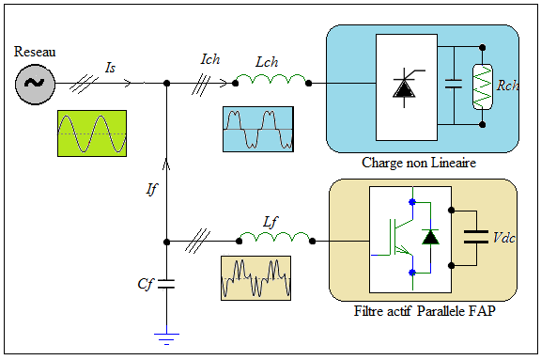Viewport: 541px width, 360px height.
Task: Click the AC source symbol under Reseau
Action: coord(35,84)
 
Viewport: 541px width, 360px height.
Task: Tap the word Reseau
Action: coord(35,52)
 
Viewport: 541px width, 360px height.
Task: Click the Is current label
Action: coord(110,68)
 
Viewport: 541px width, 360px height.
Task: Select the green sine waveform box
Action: coord(92,133)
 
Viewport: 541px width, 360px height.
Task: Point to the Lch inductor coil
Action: coord(271,79)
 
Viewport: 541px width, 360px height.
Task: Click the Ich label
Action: coord(210,59)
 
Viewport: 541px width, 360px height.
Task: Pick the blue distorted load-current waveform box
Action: coord(258,129)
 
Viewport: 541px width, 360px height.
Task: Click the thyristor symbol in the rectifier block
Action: coord(405,87)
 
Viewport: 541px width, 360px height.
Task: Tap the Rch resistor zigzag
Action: coord(483,87)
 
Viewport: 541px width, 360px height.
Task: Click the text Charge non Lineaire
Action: coord(419,163)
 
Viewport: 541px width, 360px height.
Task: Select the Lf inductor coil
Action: coord(275,237)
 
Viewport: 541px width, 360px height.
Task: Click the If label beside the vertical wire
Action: coord(151,189)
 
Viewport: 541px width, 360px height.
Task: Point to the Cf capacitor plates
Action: coord(166,284)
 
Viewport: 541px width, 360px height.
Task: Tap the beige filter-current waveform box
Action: coord(255,278)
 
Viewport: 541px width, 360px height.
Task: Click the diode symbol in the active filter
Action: coord(430,237)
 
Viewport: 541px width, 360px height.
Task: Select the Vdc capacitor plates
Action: coord(476,237)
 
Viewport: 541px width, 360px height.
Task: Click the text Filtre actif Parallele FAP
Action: coord(425,311)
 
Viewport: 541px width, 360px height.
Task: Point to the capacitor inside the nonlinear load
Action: coord(454,84)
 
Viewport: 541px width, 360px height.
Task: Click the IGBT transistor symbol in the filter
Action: coord(400,237)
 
